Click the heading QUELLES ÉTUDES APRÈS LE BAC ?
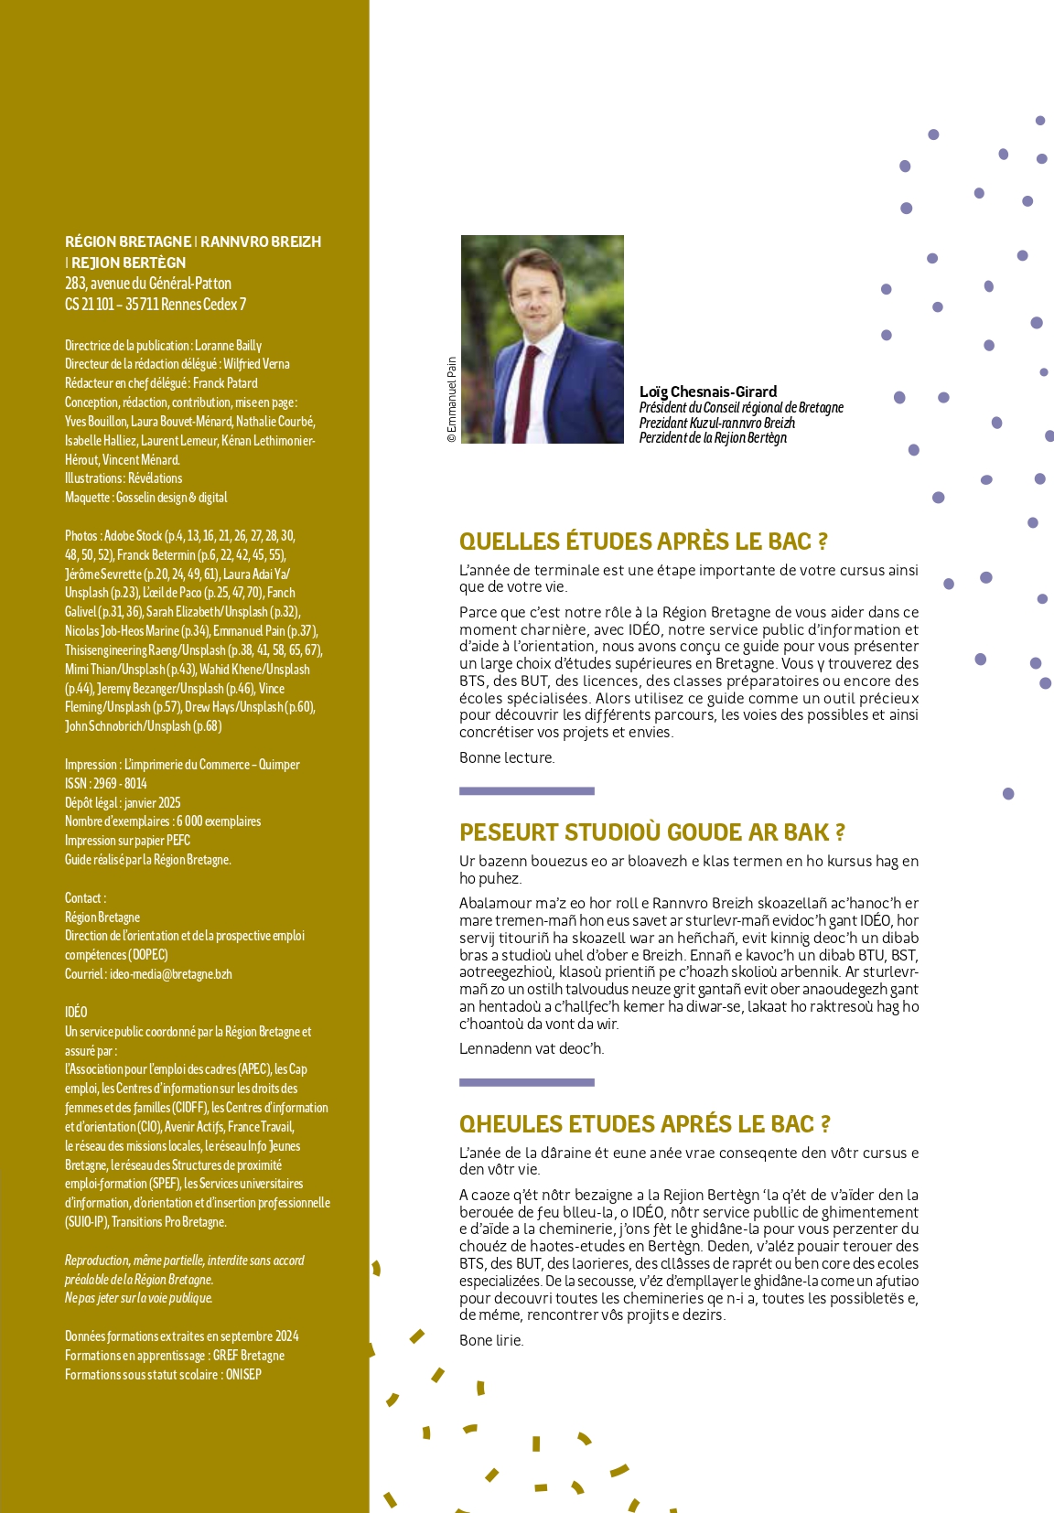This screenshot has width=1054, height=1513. pyautogui.click(x=643, y=542)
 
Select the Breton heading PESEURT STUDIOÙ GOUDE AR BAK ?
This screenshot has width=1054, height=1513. pyautogui.click(x=651, y=832)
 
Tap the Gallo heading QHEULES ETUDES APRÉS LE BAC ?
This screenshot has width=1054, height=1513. pyautogui.click(x=644, y=1124)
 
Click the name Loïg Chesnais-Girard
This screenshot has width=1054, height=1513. pyautogui.click(x=707, y=392)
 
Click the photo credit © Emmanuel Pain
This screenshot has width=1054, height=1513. pyautogui.click(x=451, y=400)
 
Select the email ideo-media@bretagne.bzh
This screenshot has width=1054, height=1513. pyautogui.click(x=170, y=974)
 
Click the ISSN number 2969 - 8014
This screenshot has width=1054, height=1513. pyautogui.click(x=120, y=784)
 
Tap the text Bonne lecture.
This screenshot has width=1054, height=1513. pyautogui.click(x=507, y=757)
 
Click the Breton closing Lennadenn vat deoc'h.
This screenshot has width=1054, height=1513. pyautogui.click(x=531, y=1048)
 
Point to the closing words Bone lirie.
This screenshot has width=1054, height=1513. pyautogui.click(x=490, y=1340)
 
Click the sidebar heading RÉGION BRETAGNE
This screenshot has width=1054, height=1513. pyautogui.click(x=128, y=241)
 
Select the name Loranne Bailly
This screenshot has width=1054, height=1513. pyautogui.click(x=228, y=346)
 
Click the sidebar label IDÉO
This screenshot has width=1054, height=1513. pyautogui.click(x=76, y=1012)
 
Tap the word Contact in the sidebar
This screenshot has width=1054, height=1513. pyautogui.click(x=83, y=898)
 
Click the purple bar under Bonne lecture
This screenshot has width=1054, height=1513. pyautogui.click(x=526, y=790)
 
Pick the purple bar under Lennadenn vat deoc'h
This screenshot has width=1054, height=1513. pyautogui.click(x=526, y=1082)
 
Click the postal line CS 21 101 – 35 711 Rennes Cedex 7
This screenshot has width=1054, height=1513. pyautogui.click(x=155, y=305)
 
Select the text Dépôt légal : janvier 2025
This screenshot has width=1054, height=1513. pyautogui.click(x=123, y=803)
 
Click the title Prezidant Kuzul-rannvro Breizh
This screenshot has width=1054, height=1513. pyautogui.click(x=716, y=423)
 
